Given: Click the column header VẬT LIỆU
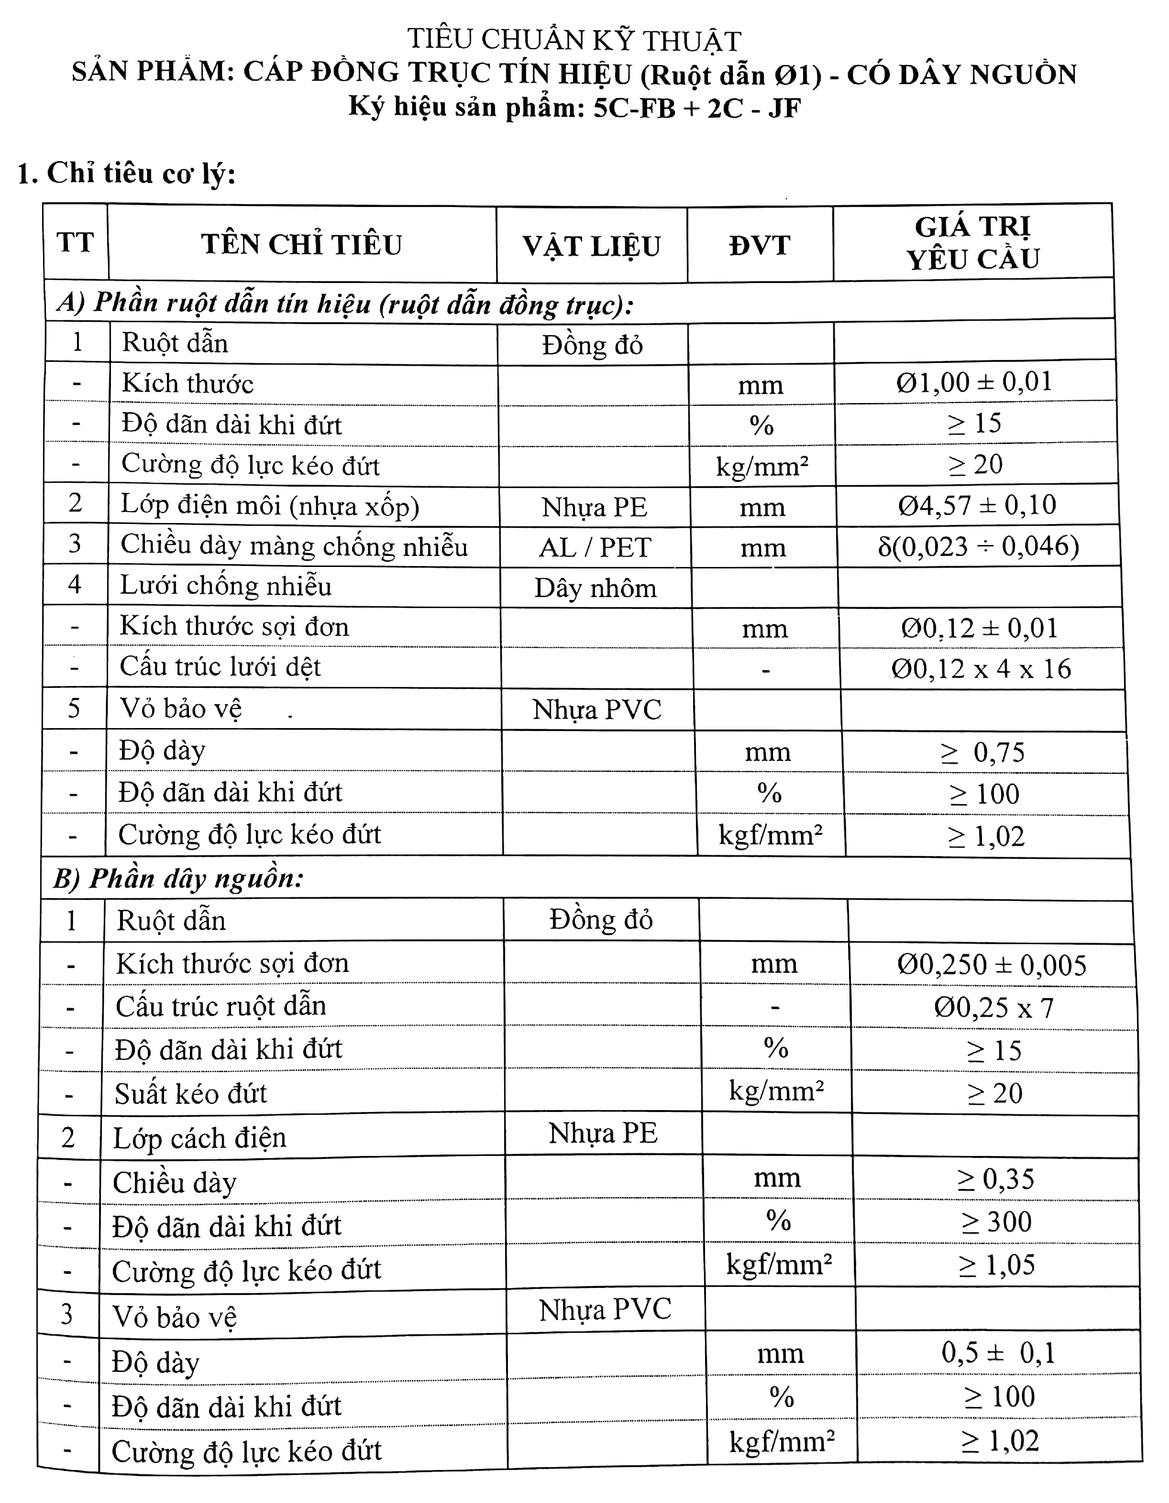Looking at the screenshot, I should tap(591, 246).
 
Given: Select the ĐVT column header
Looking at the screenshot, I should tap(760, 246).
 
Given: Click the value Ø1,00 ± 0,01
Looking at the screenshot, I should tap(974, 382).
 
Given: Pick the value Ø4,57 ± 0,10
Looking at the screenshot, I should tap(976, 505).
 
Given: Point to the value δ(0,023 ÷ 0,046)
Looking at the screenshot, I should tap(978, 546).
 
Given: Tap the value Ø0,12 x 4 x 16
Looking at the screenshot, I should tap(981, 669).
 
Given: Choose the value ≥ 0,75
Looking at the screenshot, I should tap(983, 752).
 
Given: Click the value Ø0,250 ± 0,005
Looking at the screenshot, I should tap(992, 965).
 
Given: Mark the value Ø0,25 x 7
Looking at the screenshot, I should tap(993, 1008).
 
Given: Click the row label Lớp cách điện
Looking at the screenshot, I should tap(199, 1138).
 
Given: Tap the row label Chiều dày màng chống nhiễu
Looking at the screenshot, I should tap(294, 546).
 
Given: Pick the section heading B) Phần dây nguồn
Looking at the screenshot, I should tap(179, 879).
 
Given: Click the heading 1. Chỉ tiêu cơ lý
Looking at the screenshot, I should tap(127, 174).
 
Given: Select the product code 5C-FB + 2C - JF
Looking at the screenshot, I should tap(697, 108).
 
